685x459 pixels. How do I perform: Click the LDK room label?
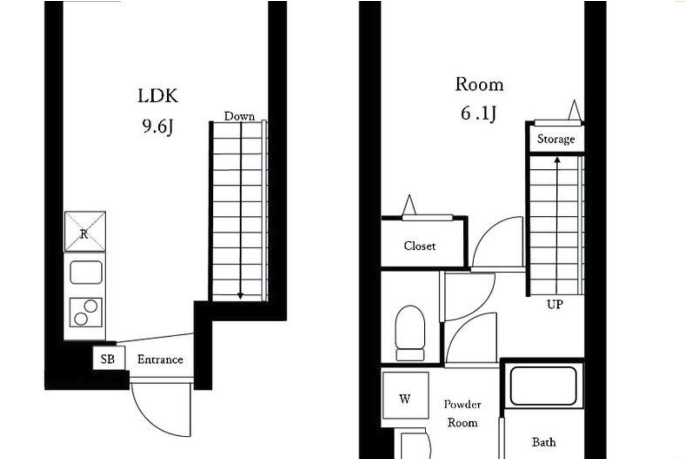coord(158,96)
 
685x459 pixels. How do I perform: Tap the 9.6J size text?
coord(158,126)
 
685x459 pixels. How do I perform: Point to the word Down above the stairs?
coord(239,116)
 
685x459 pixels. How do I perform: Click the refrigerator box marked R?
coord(85,231)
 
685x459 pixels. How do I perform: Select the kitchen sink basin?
coord(86,272)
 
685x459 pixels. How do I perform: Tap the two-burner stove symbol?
coord(86,312)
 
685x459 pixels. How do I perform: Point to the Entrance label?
coord(160,360)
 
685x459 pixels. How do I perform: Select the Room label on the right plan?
coord(479,85)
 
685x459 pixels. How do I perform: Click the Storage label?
coord(556,139)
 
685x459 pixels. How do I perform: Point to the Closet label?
coord(419,246)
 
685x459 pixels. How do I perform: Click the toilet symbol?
coord(410,333)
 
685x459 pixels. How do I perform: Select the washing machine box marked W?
coord(405,395)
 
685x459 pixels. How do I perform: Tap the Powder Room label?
coord(462,413)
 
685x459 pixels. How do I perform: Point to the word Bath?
coord(544,442)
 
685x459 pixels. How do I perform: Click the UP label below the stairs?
coord(555,304)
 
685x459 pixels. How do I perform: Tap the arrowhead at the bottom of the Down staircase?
coord(240,296)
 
